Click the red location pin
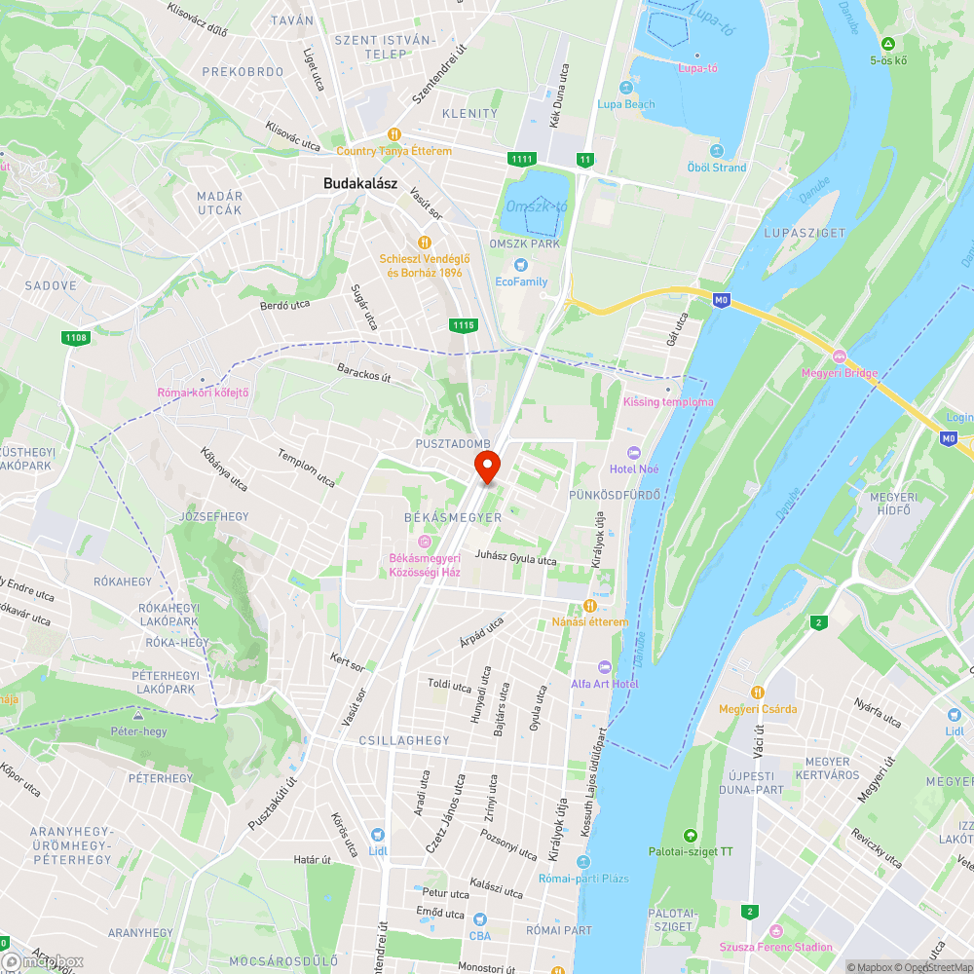[487, 466]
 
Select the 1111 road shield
[521, 159]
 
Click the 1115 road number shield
[464, 325]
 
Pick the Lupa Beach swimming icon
[625, 88]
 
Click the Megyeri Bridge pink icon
[839, 356]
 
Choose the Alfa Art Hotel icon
[604, 667]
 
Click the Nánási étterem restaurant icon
[589, 606]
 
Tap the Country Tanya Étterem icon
[393, 134]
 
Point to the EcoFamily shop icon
[521, 265]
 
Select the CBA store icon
[479, 919]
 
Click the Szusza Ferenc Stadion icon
[775, 930]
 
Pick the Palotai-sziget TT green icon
[691, 836]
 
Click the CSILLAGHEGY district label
[404, 740]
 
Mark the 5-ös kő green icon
[888, 44]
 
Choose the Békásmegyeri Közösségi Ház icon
[424, 542]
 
